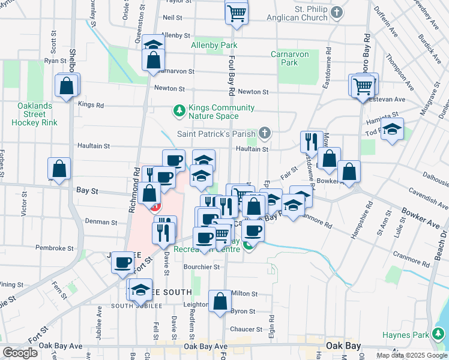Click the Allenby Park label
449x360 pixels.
coord(214,45)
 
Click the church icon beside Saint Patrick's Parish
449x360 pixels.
coord(265,133)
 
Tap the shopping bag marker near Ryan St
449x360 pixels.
coord(66,85)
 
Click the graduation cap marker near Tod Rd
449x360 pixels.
coord(392,130)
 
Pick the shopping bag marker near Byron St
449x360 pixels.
coord(220,301)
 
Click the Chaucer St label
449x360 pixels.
coord(243,329)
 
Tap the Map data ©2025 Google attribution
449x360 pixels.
coord(411,355)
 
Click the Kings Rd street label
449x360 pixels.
coord(91,104)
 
